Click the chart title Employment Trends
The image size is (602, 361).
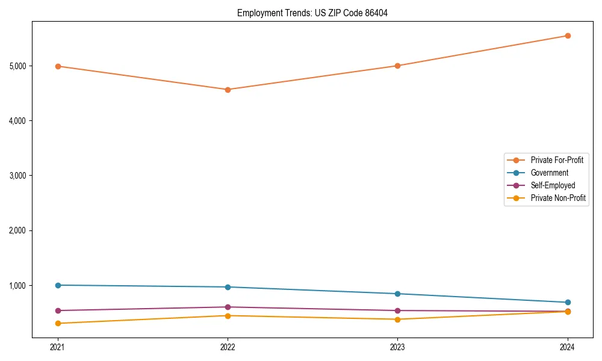[312, 13]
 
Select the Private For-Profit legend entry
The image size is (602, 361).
[557, 160]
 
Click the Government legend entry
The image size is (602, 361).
[549, 173]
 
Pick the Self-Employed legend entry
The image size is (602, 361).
[553, 185]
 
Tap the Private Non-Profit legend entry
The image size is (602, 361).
[558, 198]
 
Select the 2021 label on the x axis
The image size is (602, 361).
[58, 347]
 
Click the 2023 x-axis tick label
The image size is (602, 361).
[397, 347]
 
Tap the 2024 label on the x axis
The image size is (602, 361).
[567, 347]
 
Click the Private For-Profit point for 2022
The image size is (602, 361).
[228, 90]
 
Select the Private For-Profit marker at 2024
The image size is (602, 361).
[567, 35]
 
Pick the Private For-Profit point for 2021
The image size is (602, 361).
[58, 66]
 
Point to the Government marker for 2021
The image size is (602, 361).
[58, 285]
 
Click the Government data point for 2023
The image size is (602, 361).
[397, 294]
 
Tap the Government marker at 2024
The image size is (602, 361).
[567, 302]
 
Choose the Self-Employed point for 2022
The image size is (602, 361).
[228, 307]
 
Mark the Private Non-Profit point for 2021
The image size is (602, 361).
[58, 323]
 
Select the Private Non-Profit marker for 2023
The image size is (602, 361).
[397, 319]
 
